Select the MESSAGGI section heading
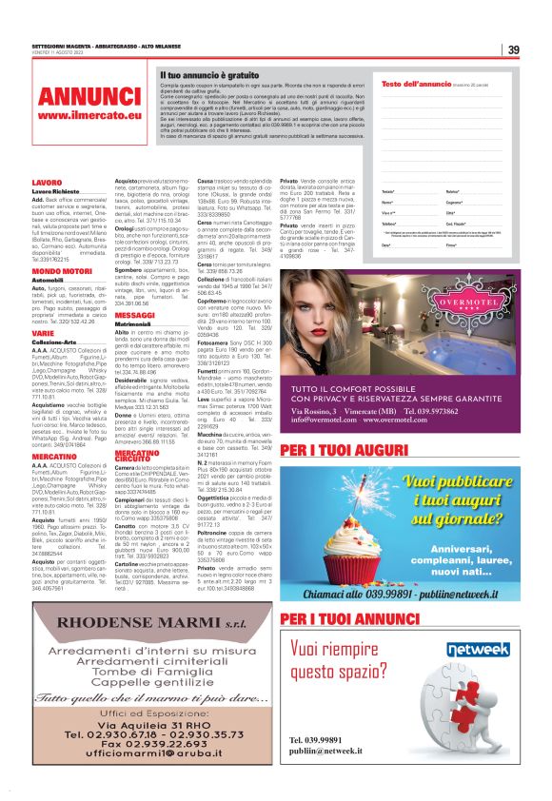pos(134,340)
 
